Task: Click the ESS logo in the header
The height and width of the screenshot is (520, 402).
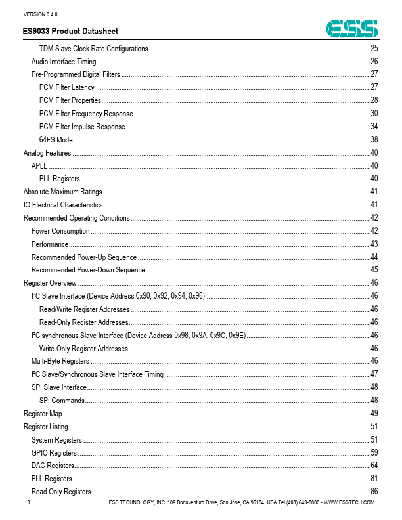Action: (353, 28)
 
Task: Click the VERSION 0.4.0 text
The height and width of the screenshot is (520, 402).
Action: (41, 14)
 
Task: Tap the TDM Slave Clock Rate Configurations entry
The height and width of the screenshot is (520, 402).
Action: (93, 49)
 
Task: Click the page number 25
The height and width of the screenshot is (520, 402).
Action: (374, 49)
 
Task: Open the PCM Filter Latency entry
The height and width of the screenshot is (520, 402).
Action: (67, 87)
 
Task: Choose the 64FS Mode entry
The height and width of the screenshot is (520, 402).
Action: (56, 140)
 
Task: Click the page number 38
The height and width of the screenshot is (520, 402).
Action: (374, 140)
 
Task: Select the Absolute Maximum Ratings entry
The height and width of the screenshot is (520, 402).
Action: (63, 192)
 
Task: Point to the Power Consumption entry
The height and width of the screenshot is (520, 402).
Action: (60, 231)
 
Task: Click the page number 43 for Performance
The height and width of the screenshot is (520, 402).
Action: (374, 244)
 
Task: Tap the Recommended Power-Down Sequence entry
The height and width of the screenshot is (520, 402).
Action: (88, 270)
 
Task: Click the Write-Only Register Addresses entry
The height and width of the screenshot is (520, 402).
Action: (83, 349)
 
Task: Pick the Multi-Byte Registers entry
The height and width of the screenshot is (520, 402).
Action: (60, 361)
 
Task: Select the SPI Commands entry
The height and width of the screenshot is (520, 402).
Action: (62, 401)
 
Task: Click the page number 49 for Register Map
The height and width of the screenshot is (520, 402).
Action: (374, 414)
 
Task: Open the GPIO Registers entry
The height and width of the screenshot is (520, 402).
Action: (54, 453)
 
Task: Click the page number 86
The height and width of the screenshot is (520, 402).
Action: (374, 492)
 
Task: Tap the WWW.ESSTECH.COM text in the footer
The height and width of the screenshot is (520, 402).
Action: (349, 502)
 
